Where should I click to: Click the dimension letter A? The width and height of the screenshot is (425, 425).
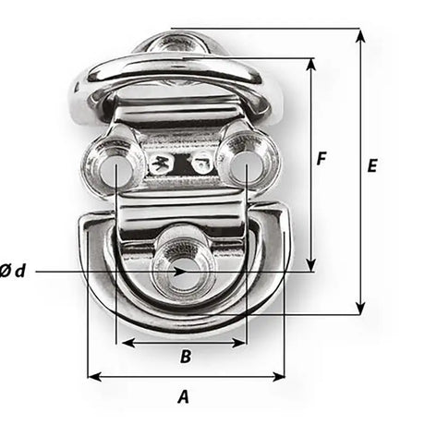click(183, 397)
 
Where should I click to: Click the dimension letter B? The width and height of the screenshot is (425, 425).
click(184, 356)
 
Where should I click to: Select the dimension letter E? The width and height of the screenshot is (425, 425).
click(371, 166)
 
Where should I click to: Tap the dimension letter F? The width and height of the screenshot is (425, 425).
click(321, 158)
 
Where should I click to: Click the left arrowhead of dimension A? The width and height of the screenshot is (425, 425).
click(92, 376)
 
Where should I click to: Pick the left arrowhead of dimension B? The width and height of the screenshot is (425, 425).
click(121, 342)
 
